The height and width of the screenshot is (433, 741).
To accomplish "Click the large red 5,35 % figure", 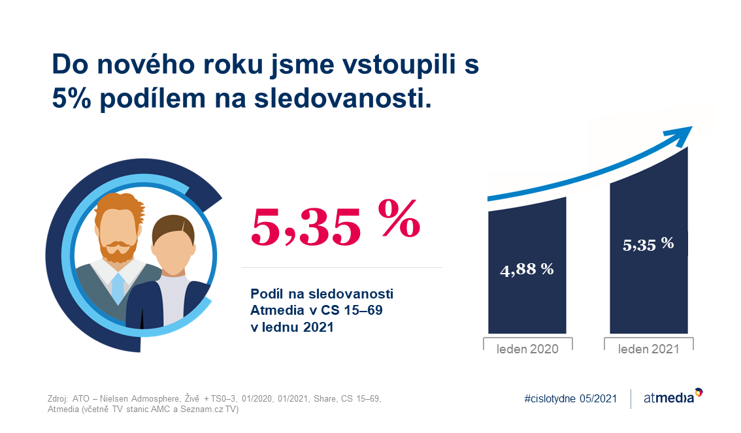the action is point(335,223).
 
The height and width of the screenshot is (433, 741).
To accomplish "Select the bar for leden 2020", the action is point(527,265).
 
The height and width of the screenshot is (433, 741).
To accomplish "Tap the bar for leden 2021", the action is point(649,240).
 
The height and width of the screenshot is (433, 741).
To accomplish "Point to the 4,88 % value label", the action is point(527,269).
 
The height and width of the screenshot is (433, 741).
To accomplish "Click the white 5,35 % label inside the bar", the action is point(648,244).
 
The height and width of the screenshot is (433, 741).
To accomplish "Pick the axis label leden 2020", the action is point(527,349).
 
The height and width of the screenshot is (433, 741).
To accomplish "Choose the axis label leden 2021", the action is point(649,349).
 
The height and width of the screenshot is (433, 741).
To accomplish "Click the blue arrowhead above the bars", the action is point(680,135).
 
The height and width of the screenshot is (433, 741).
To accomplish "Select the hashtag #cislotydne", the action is point(550,398).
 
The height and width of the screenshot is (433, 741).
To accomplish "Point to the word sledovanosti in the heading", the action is point(342,98).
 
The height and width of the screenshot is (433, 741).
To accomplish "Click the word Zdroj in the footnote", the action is point(58,398).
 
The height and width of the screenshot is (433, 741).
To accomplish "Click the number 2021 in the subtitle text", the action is point(318,327).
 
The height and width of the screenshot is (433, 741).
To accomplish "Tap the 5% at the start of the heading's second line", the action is point(71,98).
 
